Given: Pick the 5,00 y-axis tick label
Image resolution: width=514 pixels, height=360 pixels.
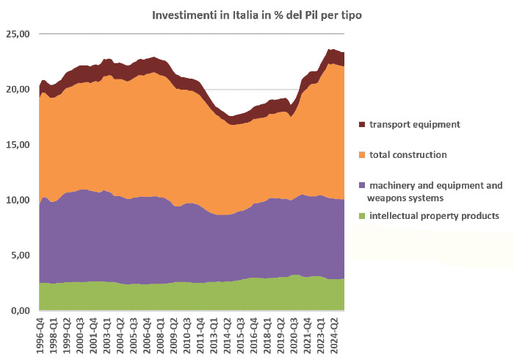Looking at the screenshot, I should point(20,255).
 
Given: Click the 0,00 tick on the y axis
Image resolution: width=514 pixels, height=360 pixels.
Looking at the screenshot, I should point(20,311).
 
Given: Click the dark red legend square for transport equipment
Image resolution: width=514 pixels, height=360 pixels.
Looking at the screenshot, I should point(361,125).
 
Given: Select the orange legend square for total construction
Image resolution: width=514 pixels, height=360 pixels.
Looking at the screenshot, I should point(361,155).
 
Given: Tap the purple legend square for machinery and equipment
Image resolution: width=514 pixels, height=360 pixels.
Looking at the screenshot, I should point(361,185).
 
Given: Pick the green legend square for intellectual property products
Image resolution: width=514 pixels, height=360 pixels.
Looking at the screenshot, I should point(361,215).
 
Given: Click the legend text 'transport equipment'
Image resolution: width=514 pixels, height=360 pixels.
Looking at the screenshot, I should point(415,125).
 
